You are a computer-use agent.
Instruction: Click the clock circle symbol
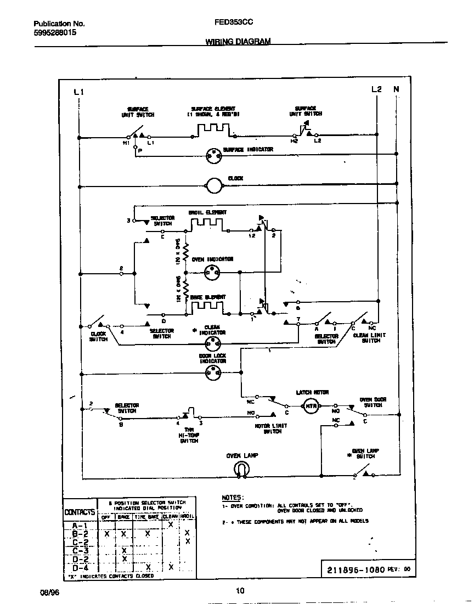213,186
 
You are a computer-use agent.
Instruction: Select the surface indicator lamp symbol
213,156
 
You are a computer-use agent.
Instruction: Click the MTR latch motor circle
312,407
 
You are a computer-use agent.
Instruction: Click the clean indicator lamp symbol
212,344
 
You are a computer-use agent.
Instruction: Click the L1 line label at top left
78,92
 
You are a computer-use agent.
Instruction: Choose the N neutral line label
396,89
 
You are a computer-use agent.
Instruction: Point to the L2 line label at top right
377,89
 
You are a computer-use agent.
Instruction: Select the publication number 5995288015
55,33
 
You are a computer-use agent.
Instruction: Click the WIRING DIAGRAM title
238,42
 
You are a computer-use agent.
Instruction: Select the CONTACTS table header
80,512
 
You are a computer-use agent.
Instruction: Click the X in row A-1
171,524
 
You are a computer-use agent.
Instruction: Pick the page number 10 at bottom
240,591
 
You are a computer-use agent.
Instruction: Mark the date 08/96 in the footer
49,591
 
